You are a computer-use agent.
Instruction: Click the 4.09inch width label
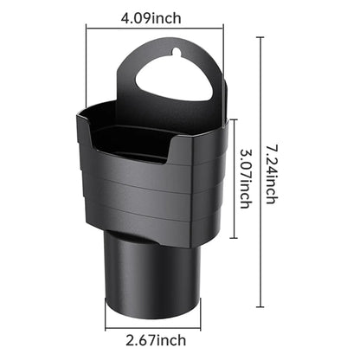tap(151, 19)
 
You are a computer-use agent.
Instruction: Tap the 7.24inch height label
tap(272, 174)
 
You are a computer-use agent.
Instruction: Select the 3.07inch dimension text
tap(246, 178)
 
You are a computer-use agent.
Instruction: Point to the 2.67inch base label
tap(156, 340)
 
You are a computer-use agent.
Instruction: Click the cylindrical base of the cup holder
tap(152, 277)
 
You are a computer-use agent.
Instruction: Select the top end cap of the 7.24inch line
tap(260, 38)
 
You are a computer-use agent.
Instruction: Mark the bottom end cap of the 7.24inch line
tap(260, 307)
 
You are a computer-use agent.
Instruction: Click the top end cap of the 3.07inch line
tap(234, 119)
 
